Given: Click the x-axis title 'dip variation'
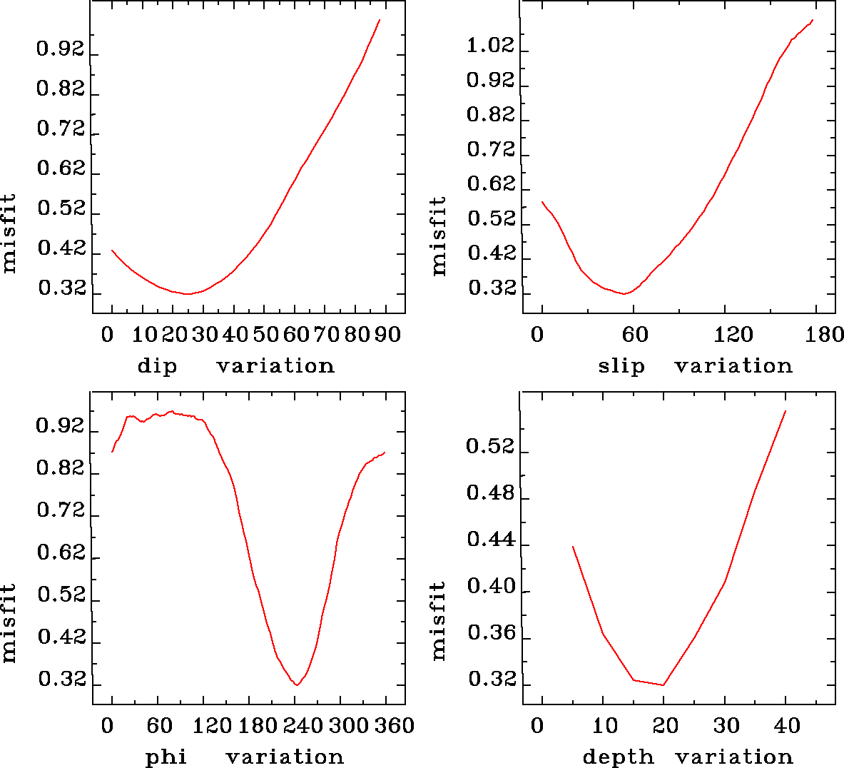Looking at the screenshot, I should click(x=235, y=366).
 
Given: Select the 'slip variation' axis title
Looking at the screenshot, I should click(x=695, y=366).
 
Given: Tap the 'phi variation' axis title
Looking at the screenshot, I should click(x=244, y=757).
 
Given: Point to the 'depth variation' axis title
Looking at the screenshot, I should click(x=688, y=757).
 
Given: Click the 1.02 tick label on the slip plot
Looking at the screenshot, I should click(x=490, y=46).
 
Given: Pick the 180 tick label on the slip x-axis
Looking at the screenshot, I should click(x=828, y=335).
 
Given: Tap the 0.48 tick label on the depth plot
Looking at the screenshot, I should click(x=490, y=493).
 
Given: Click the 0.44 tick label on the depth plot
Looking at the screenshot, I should click(x=490, y=540).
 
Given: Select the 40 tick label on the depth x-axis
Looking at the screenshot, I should click(x=787, y=726).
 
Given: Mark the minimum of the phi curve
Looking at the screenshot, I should click(x=298, y=685).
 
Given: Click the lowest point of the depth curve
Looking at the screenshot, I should click(x=663, y=685).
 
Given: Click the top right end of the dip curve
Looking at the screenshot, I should click(x=380, y=20).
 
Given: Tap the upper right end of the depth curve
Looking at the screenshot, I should click(x=785, y=411).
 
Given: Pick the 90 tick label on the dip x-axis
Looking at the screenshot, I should click(x=387, y=335).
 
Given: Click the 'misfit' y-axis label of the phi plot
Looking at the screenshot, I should click(x=9, y=623).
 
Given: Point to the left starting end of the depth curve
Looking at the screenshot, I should click(x=572, y=546).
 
